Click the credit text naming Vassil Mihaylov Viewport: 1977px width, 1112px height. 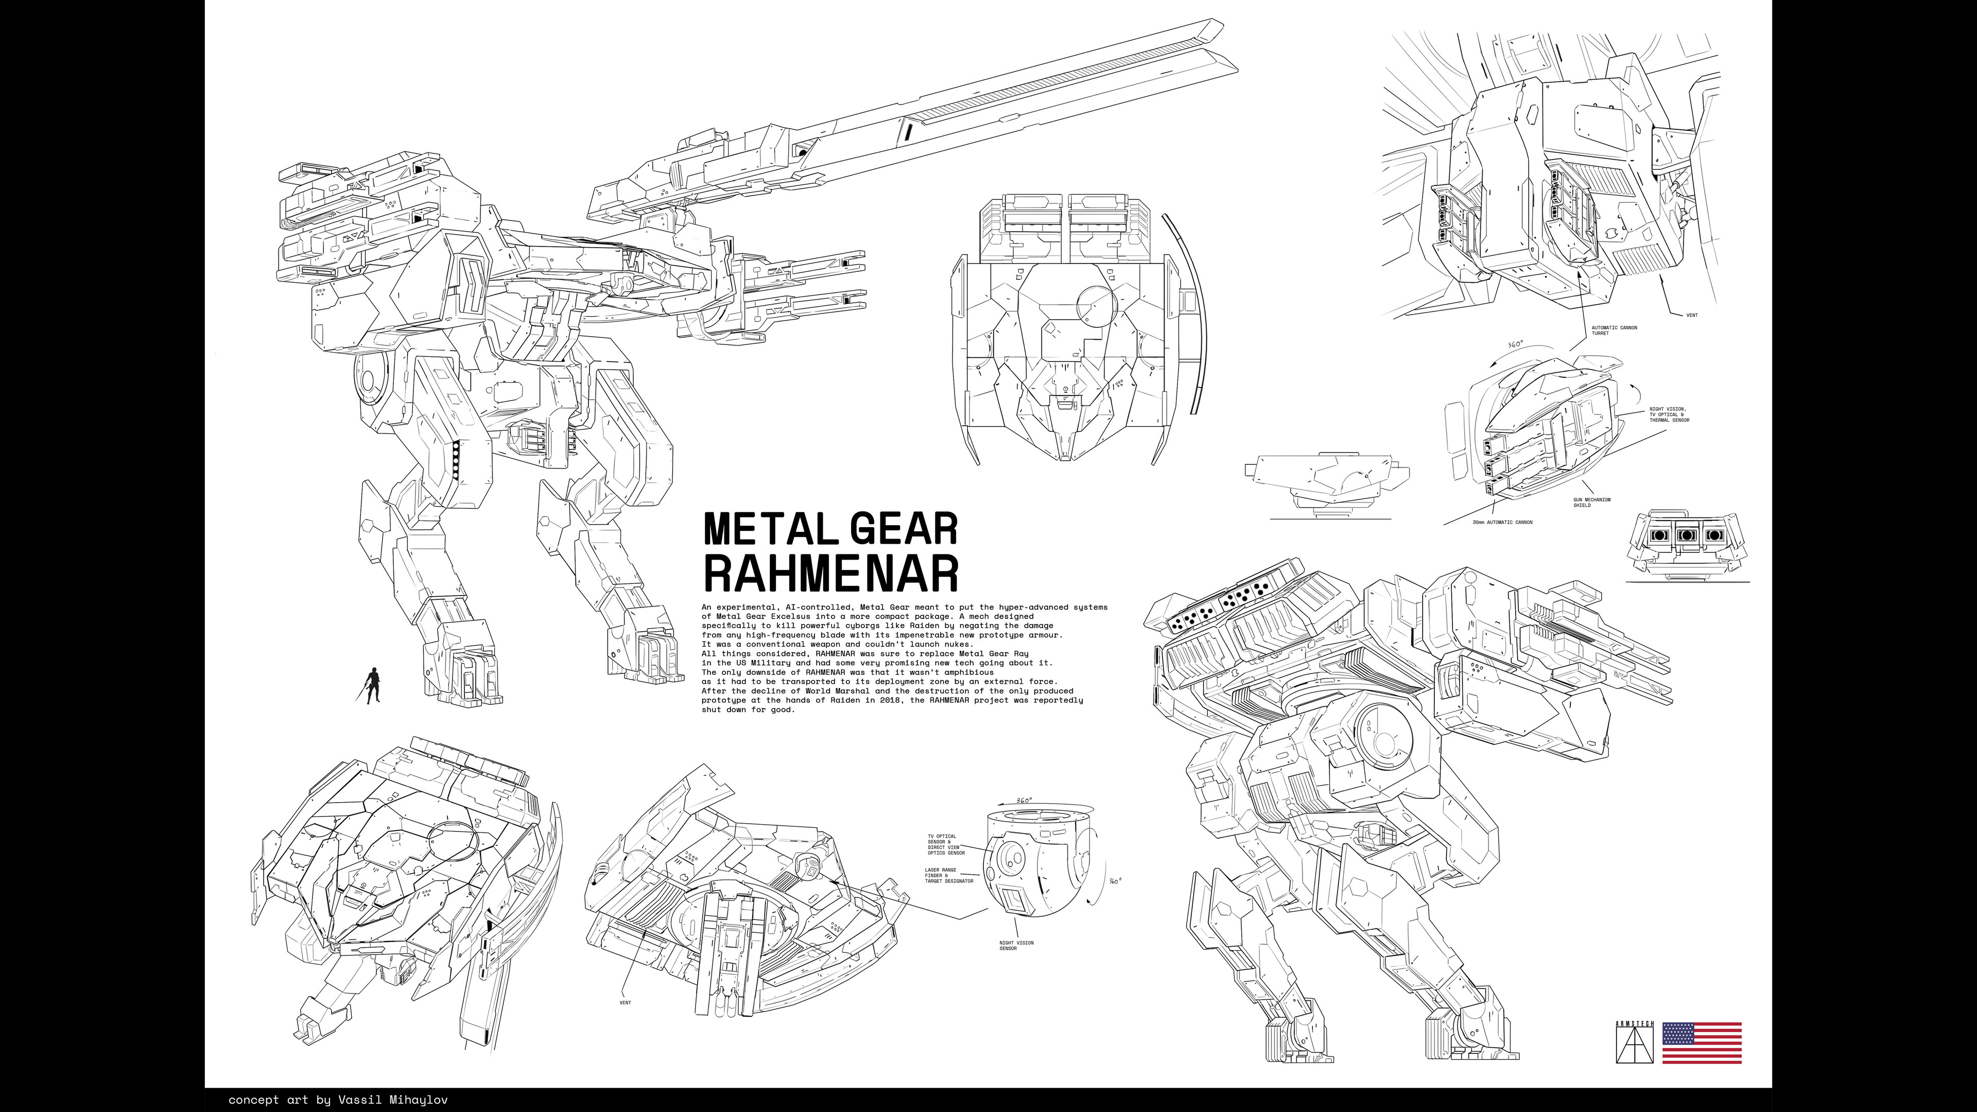[x=338, y=1100]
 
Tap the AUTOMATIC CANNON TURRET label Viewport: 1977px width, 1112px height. [x=1614, y=331]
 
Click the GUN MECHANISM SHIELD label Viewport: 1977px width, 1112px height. [x=1592, y=502]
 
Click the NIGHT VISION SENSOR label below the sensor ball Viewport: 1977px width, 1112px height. [x=1016, y=946]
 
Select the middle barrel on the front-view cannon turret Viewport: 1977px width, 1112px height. [x=1686, y=535]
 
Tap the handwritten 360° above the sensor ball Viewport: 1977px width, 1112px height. [x=1024, y=801]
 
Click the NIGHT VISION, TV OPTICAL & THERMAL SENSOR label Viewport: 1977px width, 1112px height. [x=1669, y=414]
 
